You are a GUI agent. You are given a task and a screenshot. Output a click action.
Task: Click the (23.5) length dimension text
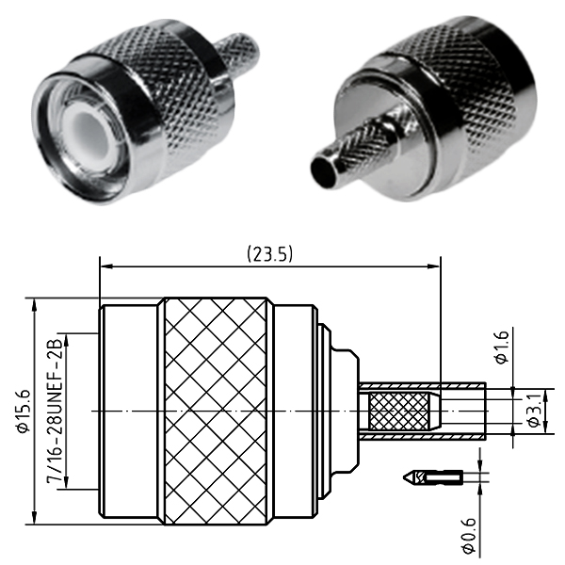pyautogui.click(x=270, y=254)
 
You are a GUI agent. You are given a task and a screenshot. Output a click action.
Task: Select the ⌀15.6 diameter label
pyautogui.click(x=24, y=412)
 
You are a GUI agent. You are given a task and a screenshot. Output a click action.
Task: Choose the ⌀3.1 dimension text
pyautogui.click(x=534, y=411)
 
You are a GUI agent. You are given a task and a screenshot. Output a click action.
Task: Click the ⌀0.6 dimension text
pyautogui.click(x=469, y=536)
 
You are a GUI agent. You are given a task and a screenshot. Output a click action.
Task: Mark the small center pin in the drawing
pyautogui.click(x=433, y=477)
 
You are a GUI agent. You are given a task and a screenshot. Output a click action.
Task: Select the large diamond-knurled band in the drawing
pyautogui.click(x=216, y=412)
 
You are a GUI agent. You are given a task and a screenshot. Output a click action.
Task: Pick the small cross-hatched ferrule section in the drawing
pyautogui.click(x=399, y=412)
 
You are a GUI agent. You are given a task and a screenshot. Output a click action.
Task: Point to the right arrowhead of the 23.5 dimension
pyautogui.click(x=434, y=266)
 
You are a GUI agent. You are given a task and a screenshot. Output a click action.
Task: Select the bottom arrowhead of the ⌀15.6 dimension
pyautogui.click(x=34, y=518)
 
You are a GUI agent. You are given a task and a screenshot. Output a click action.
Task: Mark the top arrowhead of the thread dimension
pyautogui.click(x=66, y=340)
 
